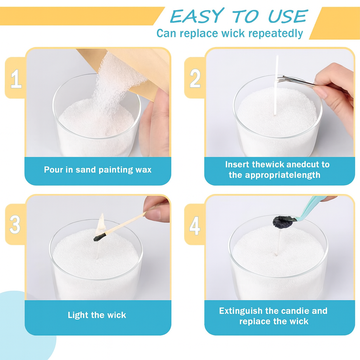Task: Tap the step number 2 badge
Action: coord(195,78)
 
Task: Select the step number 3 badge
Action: coord(15,224)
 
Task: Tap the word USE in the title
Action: coord(288,16)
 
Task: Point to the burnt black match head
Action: coord(99,237)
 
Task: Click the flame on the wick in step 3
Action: coord(101,223)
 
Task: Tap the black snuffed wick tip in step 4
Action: coord(282,222)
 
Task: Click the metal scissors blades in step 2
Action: coord(296,81)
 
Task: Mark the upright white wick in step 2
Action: coord(276,85)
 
